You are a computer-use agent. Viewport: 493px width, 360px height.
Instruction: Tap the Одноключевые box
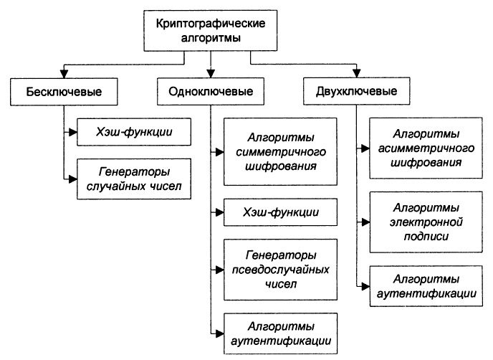211,91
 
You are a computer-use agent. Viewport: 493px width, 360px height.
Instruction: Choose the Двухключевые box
357,91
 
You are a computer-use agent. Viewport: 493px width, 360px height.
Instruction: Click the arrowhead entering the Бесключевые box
64,75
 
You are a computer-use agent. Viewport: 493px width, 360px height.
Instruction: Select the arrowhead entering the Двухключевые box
357,75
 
